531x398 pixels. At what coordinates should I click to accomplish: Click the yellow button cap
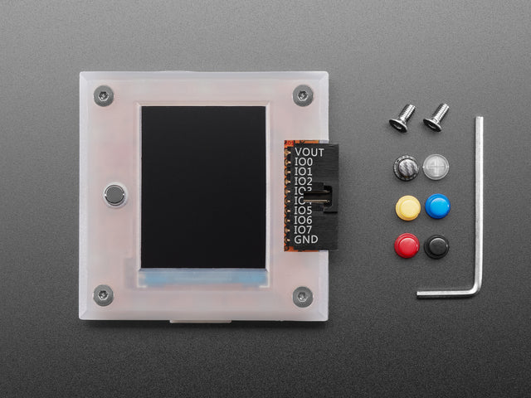[x=407, y=207]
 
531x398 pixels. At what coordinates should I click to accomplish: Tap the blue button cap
[x=437, y=206]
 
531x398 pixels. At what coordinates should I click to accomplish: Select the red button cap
[x=407, y=245]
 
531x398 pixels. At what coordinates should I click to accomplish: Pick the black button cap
[x=436, y=246]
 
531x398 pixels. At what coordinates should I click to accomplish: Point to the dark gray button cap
[x=405, y=168]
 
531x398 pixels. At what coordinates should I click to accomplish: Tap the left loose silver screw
[x=401, y=118]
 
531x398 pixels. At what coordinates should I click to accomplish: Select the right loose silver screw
[x=436, y=117]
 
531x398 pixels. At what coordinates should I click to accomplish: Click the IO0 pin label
[x=303, y=162]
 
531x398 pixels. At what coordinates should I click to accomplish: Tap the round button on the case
[x=114, y=196]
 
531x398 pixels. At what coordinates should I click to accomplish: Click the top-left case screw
[x=104, y=95]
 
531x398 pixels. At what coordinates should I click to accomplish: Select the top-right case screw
[x=303, y=95]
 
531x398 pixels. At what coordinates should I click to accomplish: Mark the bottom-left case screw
[x=104, y=294]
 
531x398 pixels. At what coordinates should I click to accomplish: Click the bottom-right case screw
[x=303, y=295]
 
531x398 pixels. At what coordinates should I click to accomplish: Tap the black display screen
[x=203, y=187]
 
